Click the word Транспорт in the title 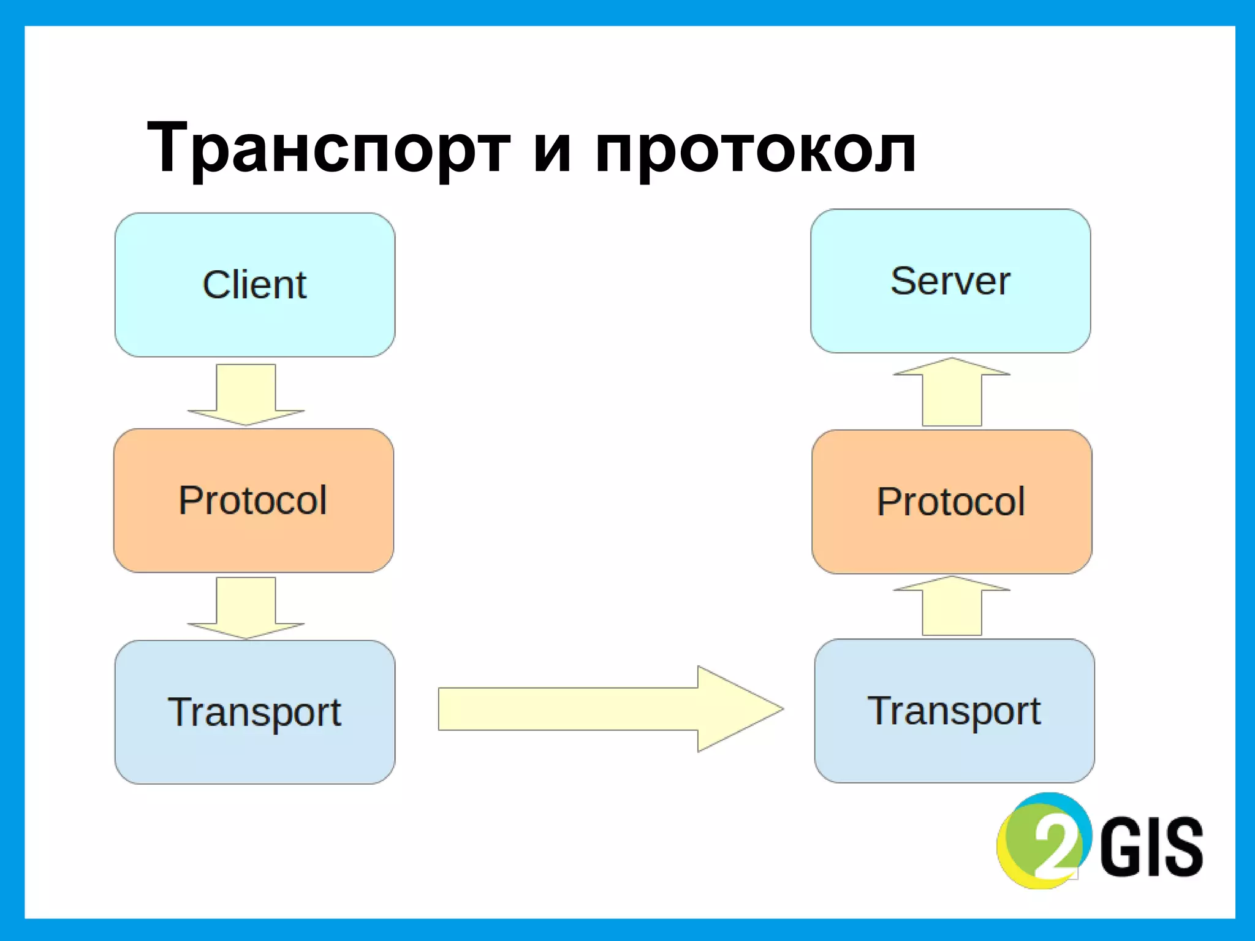point(328,149)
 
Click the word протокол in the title point(755,149)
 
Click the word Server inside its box point(950,281)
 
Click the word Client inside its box point(255,285)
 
